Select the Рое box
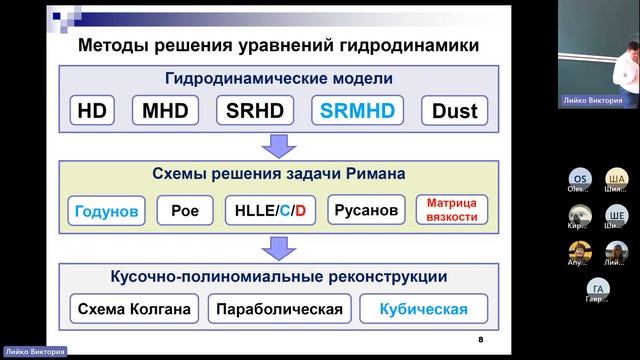coord(185,210)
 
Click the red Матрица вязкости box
coord(452,210)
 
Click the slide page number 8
coord(480,340)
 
